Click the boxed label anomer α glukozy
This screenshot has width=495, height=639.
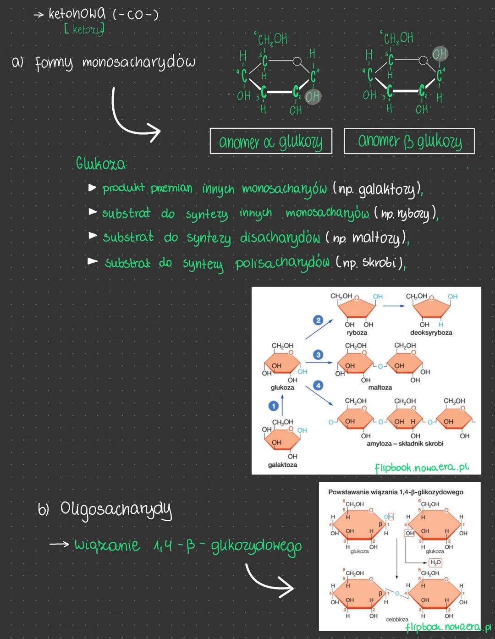[271, 141]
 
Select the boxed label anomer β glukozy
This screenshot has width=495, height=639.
[409, 141]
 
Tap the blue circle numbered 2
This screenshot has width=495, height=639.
[318, 320]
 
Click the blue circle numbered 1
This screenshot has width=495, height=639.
[274, 406]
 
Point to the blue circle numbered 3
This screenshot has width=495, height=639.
[318, 354]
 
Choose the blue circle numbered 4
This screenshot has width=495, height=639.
[318, 385]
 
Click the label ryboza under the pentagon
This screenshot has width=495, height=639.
[357, 333]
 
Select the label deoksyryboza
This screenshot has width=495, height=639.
[431, 333]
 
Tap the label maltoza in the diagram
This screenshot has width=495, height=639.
[380, 388]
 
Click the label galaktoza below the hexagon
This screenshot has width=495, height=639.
[282, 465]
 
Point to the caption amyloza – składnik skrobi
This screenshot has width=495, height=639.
[405, 444]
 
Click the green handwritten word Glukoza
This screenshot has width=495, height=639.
[101, 164]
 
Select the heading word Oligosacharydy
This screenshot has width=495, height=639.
[116, 509]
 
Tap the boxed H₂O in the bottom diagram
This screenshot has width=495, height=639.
[435, 562]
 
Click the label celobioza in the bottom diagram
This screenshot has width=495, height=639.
[397, 619]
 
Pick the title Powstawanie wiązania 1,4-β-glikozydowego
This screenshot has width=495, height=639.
[396, 492]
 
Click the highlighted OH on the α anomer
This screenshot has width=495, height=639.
[313, 97]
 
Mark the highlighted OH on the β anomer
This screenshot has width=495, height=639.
[440, 54]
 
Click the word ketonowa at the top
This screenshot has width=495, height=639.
[77, 14]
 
